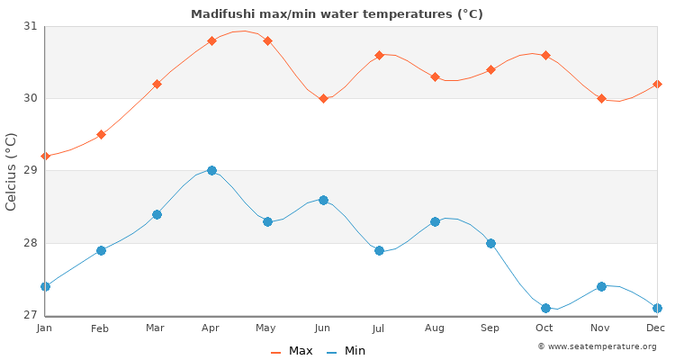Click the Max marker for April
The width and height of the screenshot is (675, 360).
[x=211, y=40]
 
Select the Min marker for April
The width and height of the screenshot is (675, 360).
[x=211, y=170]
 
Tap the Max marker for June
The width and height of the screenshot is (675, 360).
[x=323, y=98]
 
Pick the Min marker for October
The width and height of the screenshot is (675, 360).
[x=545, y=308]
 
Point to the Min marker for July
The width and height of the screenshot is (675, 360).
[x=379, y=250]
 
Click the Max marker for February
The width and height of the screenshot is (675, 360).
[x=101, y=134]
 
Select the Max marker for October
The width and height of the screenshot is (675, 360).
[x=545, y=55]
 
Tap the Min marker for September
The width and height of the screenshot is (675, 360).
[x=490, y=243]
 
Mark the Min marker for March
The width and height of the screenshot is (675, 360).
[x=157, y=214]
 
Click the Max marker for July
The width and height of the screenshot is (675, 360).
[x=379, y=55]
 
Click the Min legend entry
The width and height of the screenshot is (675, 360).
[x=346, y=351]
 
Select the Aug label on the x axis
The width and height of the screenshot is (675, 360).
[x=435, y=328]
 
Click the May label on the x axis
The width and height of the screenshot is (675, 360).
[x=267, y=328]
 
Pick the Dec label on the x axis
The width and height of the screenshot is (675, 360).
[x=655, y=328]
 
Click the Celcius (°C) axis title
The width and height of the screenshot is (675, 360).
[x=12, y=171]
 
